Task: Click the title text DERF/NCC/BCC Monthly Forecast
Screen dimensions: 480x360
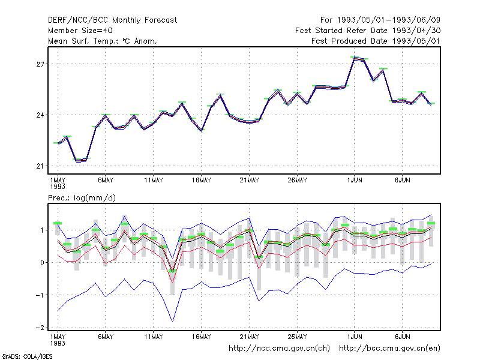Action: [x=112, y=20]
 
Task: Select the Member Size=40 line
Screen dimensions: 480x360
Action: [x=80, y=31]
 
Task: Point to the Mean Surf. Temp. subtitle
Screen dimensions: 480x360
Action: [x=102, y=41]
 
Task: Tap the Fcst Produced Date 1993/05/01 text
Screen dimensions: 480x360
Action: [x=376, y=41]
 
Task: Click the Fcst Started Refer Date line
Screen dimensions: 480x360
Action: [x=368, y=31]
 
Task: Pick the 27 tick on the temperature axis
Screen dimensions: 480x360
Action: [x=40, y=64]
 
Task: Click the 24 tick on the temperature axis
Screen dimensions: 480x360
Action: [x=40, y=115]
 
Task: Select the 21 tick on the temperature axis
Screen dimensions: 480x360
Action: [x=40, y=166]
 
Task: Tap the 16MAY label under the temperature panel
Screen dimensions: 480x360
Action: [x=202, y=181]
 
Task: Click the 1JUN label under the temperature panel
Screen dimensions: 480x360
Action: [x=355, y=181]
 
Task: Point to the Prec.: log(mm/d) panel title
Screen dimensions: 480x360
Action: [x=82, y=198]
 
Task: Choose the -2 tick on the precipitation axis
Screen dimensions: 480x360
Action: [x=40, y=328]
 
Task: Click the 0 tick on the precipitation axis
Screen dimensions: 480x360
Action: [x=42, y=263]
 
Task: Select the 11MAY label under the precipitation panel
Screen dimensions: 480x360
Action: [x=154, y=337]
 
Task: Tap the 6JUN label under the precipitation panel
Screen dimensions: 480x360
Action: [x=402, y=337]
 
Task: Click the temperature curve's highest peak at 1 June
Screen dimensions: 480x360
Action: [x=355, y=58]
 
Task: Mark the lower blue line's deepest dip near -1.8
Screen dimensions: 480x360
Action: [x=173, y=321]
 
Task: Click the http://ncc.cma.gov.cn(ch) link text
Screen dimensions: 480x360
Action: [x=279, y=349]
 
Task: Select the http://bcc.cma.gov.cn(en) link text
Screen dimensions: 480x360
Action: [x=389, y=349]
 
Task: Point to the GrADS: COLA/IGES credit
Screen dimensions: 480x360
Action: [x=27, y=356]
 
